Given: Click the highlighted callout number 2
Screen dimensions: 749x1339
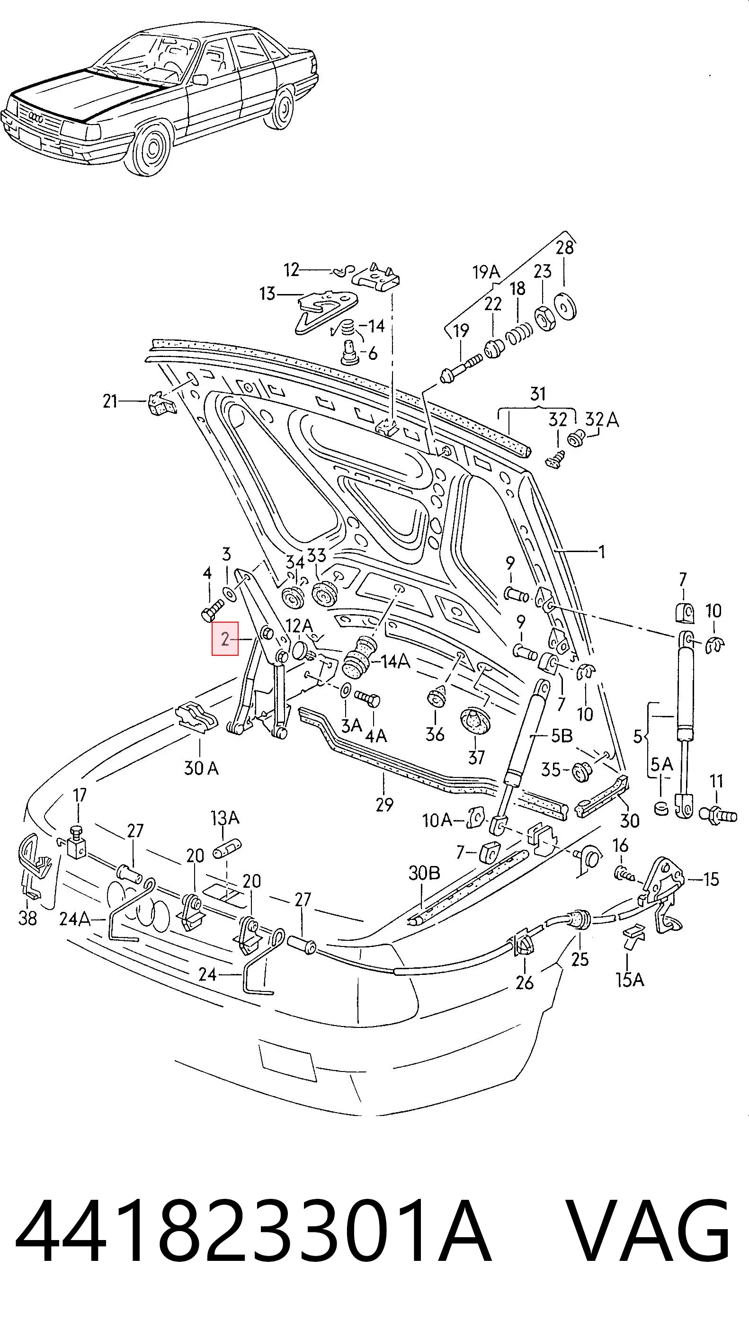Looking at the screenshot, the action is click(224, 638).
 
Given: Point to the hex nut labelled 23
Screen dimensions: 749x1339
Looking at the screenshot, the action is click(543, 315).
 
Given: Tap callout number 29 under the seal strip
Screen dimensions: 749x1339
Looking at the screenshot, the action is click(384, 804).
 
